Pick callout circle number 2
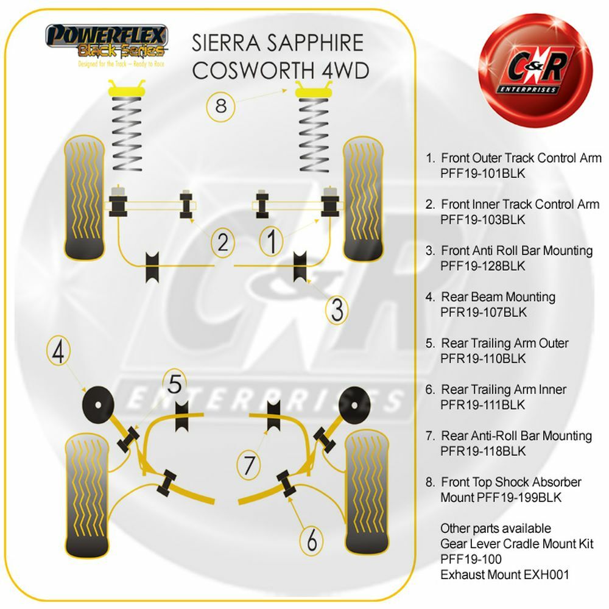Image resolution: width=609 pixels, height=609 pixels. point(224,243)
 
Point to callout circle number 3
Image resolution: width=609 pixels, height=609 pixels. point(337,310)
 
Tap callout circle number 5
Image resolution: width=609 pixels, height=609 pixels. point(175,384)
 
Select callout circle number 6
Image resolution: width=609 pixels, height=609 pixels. point(311,539)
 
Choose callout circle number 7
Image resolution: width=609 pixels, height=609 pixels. point(248,466)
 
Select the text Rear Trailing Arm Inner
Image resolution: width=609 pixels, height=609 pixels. point(504,389)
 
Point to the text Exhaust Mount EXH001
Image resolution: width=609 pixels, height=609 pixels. point(505,574)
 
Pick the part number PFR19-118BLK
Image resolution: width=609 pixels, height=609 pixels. point(483,451)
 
